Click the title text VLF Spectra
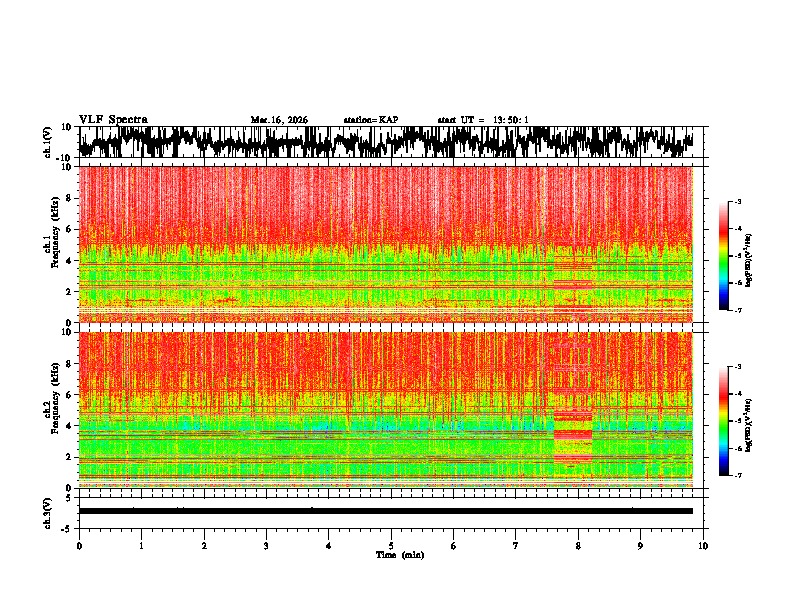[113, 119]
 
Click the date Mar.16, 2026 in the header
[280, 120]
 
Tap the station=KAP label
[371, 120]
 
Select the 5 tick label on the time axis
[391, 545]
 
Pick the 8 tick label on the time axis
[578, 545]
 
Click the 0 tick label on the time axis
[79, 545]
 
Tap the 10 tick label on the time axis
[703, 545]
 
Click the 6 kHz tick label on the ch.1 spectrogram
[69, 229]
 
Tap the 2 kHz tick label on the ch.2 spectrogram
[69, 457]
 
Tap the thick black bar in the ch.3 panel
[385, 511]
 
